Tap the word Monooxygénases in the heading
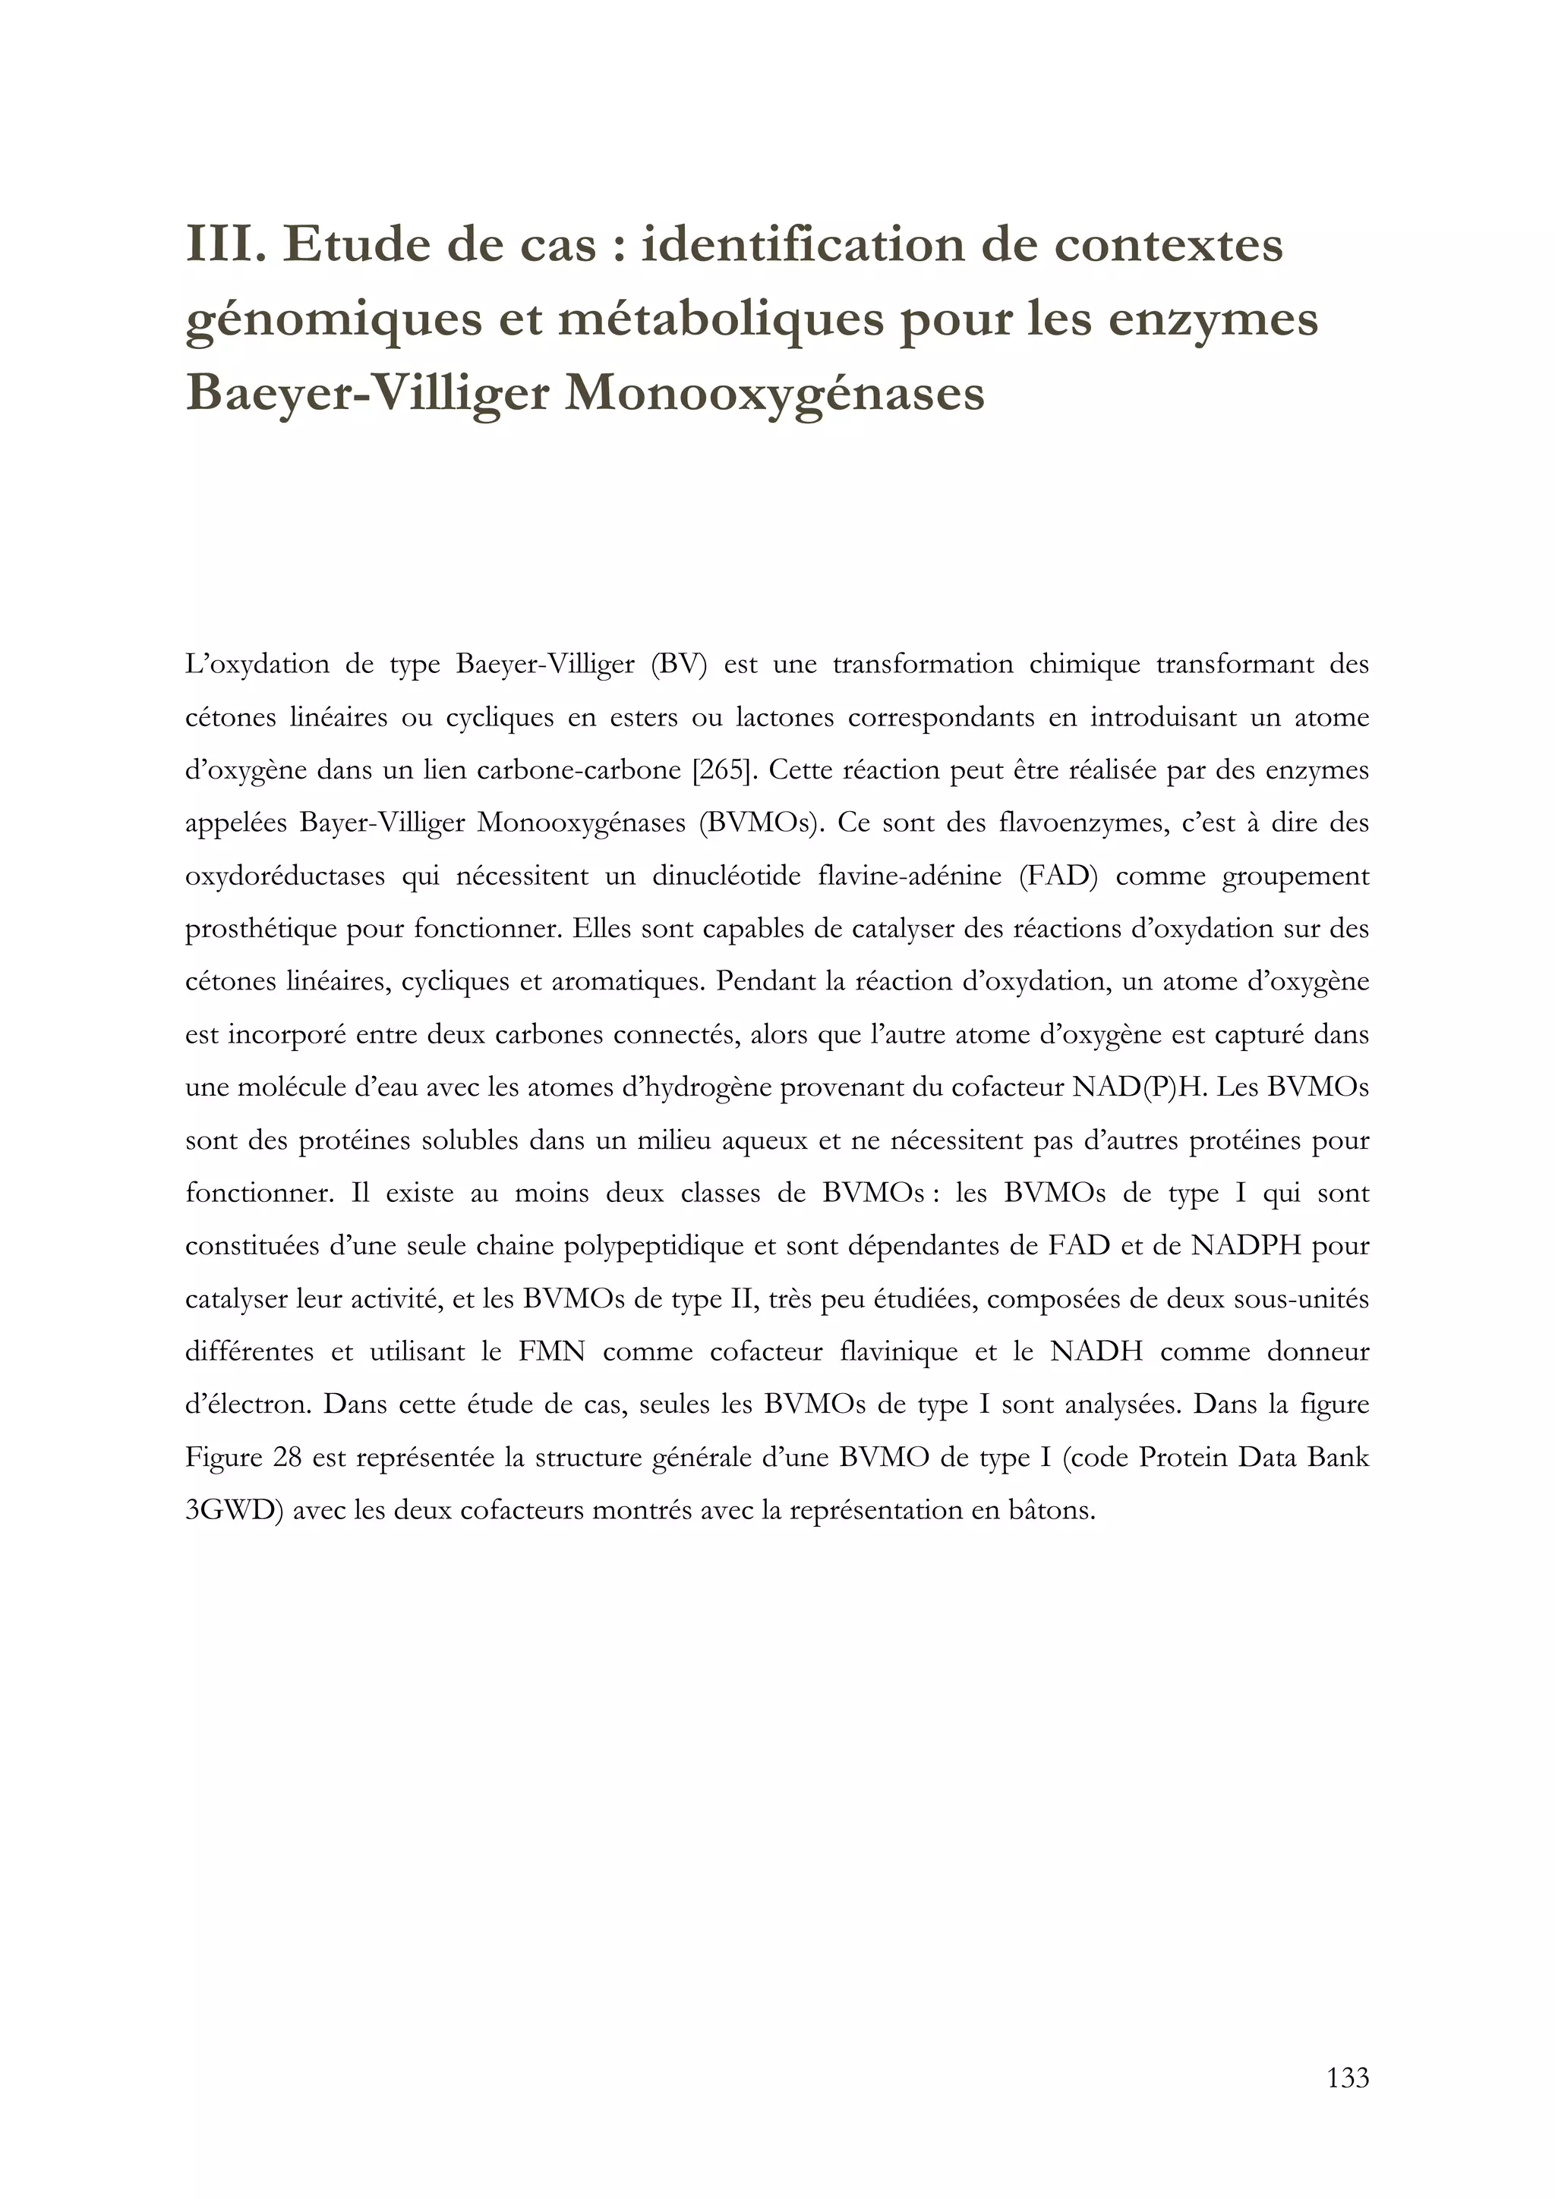(774, 393)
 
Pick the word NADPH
(1245, 1246)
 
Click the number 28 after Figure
(288, 1458)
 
